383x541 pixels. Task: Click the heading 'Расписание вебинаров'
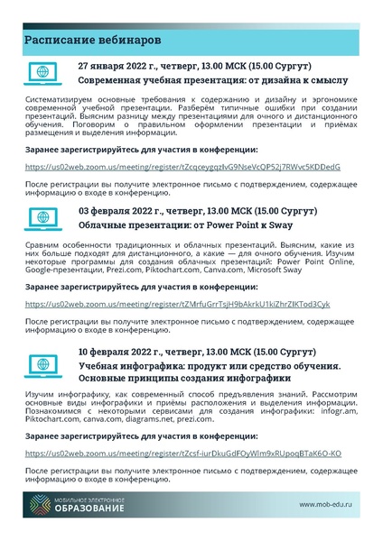(93, 41)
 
